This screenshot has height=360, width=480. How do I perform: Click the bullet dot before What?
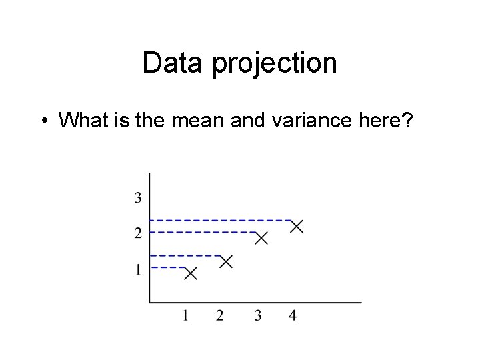pos(43,121)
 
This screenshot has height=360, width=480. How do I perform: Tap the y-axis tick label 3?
pos(137,197)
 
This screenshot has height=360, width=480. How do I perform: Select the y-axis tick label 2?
pos(137,233)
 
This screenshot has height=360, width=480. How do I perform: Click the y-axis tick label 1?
pos(137,270)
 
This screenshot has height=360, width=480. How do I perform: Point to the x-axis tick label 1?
pos(185,315)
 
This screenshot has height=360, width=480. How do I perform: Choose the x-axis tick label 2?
pos(220,315)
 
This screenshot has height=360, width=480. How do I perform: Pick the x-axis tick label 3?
pos(257,315)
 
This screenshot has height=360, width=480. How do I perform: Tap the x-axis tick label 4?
pos(293,315)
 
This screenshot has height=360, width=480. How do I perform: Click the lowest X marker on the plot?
pos(191,273)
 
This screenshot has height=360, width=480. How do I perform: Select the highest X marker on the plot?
pos(296,227)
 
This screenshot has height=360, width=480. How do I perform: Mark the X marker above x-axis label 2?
pos(226,261)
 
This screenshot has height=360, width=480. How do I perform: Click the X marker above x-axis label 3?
pos(261,238)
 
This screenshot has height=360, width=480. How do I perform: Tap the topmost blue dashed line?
pos(220,220)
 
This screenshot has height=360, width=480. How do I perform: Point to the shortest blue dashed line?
pos(167,267)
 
